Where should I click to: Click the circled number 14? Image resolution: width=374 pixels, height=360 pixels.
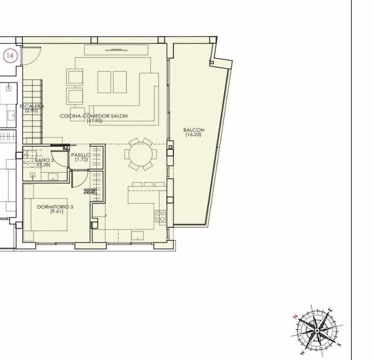(x=11, y=56)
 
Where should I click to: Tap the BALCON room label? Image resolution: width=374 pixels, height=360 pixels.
(x=194, y=130)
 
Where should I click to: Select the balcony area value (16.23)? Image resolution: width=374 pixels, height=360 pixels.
(x=194, y=135)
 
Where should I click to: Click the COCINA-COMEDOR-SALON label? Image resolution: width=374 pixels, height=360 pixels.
(x=93, y=116)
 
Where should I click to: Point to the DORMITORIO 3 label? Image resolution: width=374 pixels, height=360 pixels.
(x=55, y=207)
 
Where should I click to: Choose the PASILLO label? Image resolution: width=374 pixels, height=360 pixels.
(x=80, y=155)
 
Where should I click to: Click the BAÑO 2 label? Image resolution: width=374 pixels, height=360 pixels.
(x=44, y=160)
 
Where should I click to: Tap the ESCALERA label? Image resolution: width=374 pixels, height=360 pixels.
(x=32, y=107)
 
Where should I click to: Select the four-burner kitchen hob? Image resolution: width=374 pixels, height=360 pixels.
(x=160, y=216)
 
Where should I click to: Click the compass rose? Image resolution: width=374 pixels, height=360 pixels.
(x=317, y=330)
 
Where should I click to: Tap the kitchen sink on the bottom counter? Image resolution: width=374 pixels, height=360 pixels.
(x=137, y=236)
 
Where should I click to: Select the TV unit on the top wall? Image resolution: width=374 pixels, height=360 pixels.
(x=115, y=50)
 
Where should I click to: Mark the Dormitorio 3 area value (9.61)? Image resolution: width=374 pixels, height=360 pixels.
(x=55, y=212)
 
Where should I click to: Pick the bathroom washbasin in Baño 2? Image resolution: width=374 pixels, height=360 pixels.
(x=54, y=177)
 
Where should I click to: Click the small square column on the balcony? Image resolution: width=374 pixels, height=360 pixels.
(x=212, y=63)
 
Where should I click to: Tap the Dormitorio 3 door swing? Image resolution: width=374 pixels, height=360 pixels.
(x=79, y=179)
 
